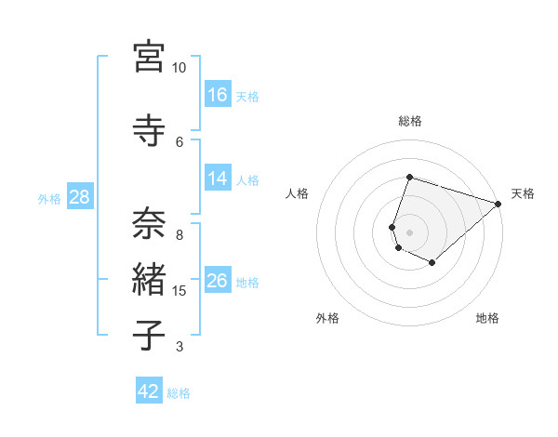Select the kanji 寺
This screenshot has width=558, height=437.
point(150,129)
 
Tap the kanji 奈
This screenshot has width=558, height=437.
point(150,223)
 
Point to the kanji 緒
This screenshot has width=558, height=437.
point(150,279)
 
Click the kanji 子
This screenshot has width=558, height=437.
point(150,335)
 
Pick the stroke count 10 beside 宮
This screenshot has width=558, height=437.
point(179,68)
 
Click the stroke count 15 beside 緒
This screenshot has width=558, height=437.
point(180,291)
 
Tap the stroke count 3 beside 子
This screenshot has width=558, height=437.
point(179,347)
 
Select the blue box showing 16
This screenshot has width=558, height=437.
point(218,94)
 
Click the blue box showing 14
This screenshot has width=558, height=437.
point(218,179)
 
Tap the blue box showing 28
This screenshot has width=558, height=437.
point(79,197)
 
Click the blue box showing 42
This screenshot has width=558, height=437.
point(149,391)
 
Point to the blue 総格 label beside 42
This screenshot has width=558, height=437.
point(179,393)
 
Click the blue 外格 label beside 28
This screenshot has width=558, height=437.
point(49,199)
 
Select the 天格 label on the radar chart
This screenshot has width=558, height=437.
point(523,193)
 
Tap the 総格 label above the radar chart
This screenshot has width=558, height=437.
point(410,121)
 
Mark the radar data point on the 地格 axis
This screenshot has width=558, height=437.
point(432,263)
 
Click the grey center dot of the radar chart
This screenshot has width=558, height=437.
point(410,232)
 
